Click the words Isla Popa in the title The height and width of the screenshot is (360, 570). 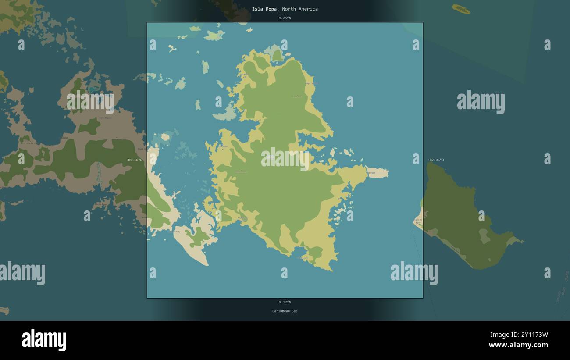tap(265, 9)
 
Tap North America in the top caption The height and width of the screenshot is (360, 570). tap(300, 9)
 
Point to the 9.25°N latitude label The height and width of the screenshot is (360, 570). tap(285, 18)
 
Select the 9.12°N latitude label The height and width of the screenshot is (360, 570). tap(285, 302)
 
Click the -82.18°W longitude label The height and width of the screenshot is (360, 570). tap(134, 160)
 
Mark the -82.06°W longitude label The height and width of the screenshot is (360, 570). tap(436, 160)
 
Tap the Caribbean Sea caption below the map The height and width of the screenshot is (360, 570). tap(285, 311)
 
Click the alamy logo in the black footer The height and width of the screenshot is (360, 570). tap(44, 340)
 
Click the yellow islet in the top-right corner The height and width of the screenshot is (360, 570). tap(461, 9)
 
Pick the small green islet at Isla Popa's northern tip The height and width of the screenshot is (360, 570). tap(277, 55)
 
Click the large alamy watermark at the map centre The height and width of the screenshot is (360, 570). tap(285, 159)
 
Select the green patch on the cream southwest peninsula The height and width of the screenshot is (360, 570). tap(199, 237)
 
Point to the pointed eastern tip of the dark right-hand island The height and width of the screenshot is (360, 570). tap(522, 241)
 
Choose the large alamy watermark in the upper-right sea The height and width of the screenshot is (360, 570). tap(481, 102)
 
